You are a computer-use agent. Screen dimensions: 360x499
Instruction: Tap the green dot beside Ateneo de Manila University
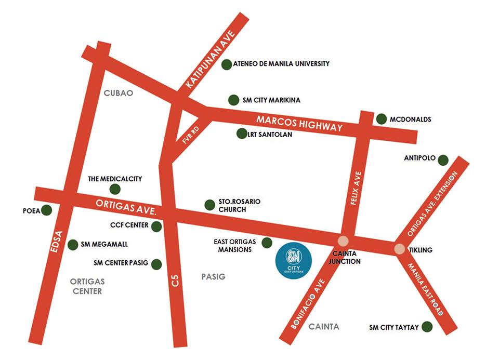click(227, 64)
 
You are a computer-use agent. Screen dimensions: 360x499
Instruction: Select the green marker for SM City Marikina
click(234, 100)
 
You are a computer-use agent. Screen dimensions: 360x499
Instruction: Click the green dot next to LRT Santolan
click(241, 134)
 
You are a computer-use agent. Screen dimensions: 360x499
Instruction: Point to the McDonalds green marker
click(381, 119)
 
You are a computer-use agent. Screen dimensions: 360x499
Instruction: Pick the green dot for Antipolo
click(443, 160)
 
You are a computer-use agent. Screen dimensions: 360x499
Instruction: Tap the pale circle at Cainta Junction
click(343, 241)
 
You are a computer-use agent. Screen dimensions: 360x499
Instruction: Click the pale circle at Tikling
click(399, 249)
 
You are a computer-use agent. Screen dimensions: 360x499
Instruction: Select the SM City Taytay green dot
click(427, 327)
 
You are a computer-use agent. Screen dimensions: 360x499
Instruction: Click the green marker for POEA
click(47, 210)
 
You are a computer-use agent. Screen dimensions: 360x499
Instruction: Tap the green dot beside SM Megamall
click(73, 244)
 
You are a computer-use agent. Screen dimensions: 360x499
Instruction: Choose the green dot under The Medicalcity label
click(115, 189)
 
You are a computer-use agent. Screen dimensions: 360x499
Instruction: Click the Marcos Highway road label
click(299, 124)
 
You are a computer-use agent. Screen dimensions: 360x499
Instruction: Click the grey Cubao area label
click(119, 94)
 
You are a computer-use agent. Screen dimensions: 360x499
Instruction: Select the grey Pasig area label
click(213, 277)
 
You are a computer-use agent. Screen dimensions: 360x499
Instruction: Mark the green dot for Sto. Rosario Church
click(209, 205)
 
